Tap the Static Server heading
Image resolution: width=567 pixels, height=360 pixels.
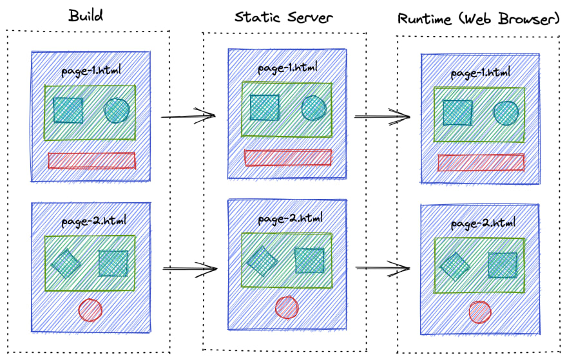(283, 17)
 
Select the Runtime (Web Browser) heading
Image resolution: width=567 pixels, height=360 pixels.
(477, 19)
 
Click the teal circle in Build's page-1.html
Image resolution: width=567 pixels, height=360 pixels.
(117, 110)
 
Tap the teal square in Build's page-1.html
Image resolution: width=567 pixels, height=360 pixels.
(68, 110)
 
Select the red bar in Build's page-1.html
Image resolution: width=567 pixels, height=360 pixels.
(91, 160)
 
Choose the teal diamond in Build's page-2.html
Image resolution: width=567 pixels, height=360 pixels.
(66, 263)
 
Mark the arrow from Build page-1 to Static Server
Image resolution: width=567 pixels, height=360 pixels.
(187, 117)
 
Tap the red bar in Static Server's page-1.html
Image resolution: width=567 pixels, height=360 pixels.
(288, 157)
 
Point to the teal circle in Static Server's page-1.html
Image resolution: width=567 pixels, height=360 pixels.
(313, 108)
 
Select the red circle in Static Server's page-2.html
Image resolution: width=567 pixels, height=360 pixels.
(286, 307)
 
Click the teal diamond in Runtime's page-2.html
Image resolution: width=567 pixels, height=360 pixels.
(455, 265)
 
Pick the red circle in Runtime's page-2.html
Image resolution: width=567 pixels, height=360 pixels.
(480, 312)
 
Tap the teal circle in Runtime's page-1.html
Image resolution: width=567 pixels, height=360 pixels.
(506, 113)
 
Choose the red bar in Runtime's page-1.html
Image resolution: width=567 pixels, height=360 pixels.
(481, 162)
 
